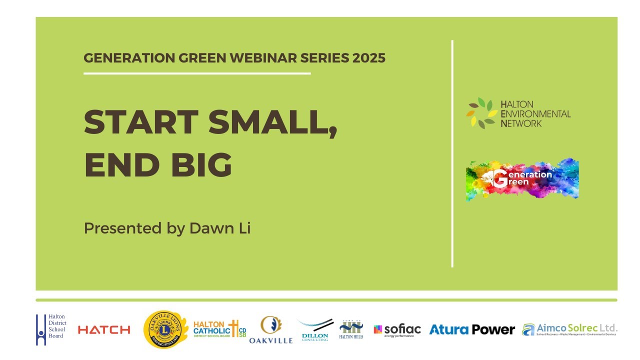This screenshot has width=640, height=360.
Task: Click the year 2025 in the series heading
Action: click(368, 58)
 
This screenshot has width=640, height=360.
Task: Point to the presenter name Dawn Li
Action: click(219, 228)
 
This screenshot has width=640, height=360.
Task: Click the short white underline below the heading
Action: click(197, 73)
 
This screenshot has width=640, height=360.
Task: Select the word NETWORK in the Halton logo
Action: click(521, 123)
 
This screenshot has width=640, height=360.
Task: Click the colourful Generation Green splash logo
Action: click(522, 179)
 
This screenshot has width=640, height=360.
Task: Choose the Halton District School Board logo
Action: click(51, 329)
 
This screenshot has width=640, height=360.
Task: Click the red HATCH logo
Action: click(104, 330)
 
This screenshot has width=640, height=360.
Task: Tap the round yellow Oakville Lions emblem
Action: click(165, 329)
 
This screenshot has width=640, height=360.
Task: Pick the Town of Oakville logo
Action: click(270, 330)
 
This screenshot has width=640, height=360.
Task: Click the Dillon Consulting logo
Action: click(315, 330)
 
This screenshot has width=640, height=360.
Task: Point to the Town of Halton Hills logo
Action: click(351, 329)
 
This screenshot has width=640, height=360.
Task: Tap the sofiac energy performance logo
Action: click(397, 330)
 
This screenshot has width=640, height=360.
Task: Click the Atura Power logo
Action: click(472, 330)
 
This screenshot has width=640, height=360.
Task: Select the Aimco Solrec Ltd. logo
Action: click(569, 329)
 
